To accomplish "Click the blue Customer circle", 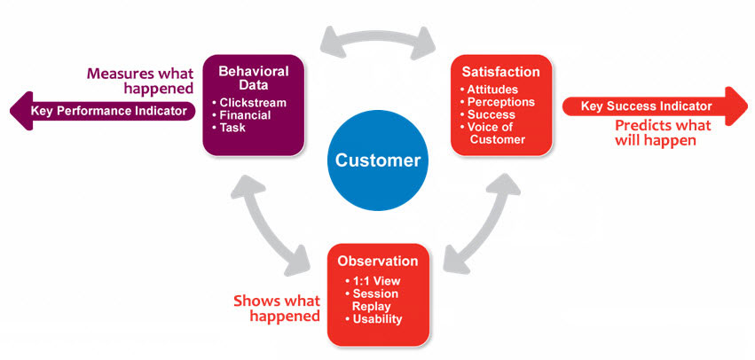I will [377, 160].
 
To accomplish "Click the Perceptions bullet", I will [499, 102].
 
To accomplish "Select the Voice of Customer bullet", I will [497, 133].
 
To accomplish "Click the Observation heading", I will [378, 261].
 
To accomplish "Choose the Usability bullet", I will [377, 318].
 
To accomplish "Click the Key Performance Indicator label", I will [109, 111].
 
